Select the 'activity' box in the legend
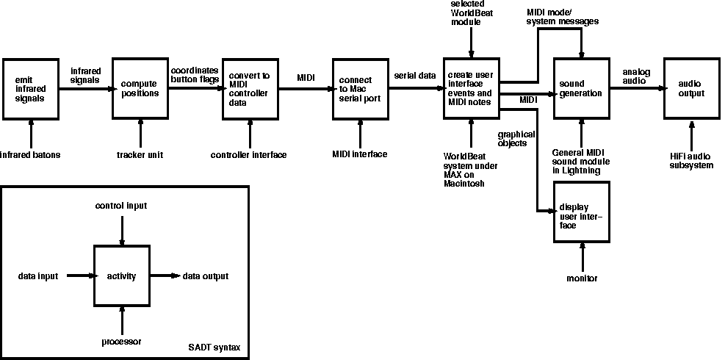(122, 276)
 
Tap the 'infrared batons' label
(31, 155)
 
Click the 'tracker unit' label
(140, 155)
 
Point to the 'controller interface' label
(248, 155)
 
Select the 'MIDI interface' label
(360, 154)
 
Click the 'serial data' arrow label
(415, 76)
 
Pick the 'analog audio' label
(635, 76)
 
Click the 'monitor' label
(582, 279)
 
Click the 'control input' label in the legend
(121, 206)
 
